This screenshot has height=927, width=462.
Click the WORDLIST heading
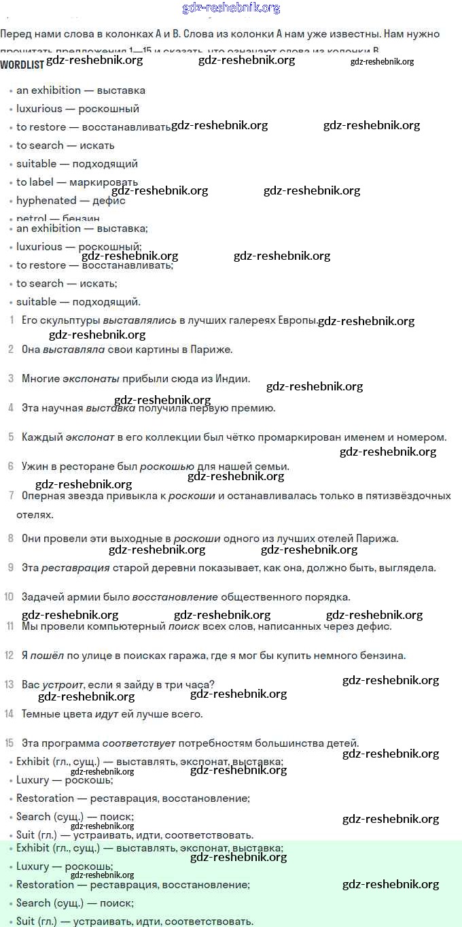(x=22, y=65)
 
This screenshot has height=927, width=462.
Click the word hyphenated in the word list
(x=46, y=201)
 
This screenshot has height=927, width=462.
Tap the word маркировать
(x=103, y=182)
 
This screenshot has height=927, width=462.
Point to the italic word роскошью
(x=166, y=467)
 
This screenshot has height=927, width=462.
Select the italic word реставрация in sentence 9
(x=75, y=568)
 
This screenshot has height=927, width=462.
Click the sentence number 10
(x=9, y=597)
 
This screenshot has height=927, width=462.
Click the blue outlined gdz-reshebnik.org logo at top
(x=231, y=8)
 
